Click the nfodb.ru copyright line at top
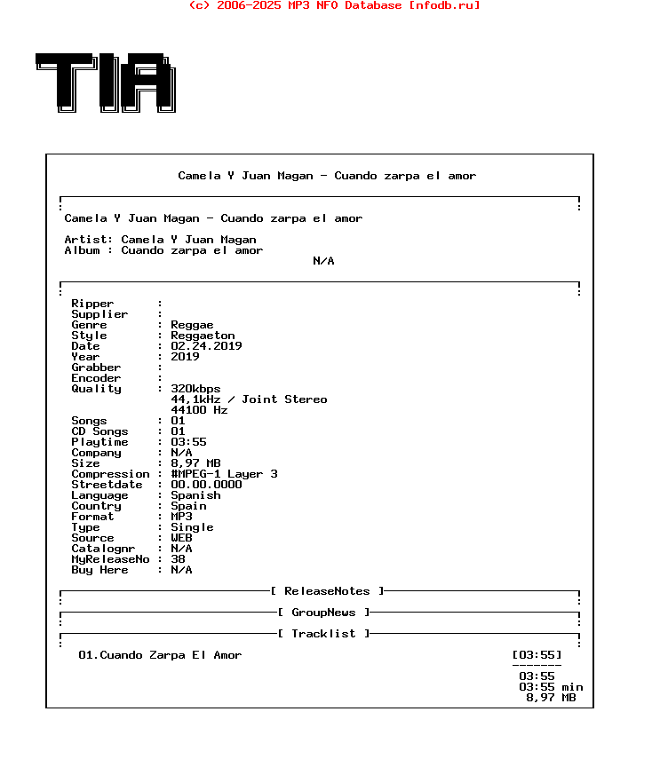[334, 5]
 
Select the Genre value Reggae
[192, 325]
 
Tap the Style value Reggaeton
[203, 336]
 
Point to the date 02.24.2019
[206, 346]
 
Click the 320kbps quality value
[195, 389]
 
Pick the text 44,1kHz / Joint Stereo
[249, 399]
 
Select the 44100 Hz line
[199, 410]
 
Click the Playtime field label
[99, 442]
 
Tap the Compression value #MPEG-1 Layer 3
[224, 474]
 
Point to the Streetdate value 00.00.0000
[206, 485]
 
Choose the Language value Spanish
[195, 495]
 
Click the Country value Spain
[188, 506]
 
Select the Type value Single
[192, 527]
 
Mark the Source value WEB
[181, 538]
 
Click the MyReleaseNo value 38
[178, 559]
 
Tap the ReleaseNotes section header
[327, 591]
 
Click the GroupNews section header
[323, 613]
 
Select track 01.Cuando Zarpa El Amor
[160, 655]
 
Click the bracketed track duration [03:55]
[537, 655]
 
